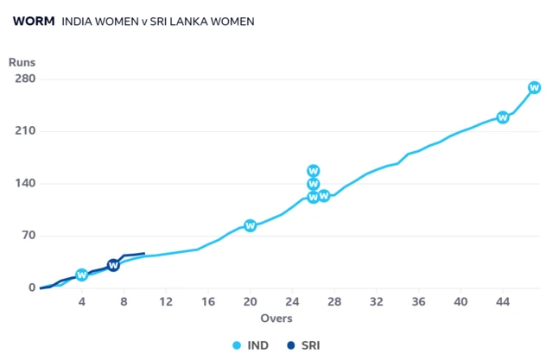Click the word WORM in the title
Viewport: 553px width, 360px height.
(x=34, y=22)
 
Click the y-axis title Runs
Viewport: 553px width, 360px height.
(x=22, y=62)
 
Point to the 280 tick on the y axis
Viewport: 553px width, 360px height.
(x=23, y=79)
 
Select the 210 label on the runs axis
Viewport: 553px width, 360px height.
(x=23, y=131)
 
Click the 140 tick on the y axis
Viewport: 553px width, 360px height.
(x=23, y=184)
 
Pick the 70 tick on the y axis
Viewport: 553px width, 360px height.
(x=27, y=236)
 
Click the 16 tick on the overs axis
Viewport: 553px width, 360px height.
(x=207, y=301)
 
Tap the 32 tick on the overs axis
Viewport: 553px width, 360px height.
(x=376, y=301)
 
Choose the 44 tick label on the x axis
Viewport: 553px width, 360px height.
(x=502, y=301)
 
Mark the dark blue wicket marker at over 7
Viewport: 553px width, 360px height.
(x=113, y=265)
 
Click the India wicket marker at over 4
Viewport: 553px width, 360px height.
(x=82, y=275)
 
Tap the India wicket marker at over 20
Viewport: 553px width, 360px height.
(x=250, y=225)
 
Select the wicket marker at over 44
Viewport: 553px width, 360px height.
(x=503, y=117)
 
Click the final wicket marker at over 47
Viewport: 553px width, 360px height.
(x=534, y=87)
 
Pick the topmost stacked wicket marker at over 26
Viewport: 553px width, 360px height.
(x=314, y=171)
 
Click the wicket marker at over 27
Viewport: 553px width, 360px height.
(x=324, y=196)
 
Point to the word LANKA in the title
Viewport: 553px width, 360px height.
(x=185, y=22)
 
